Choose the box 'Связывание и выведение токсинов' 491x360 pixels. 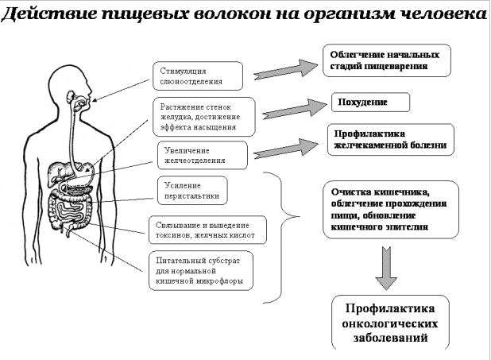tap(207, 230)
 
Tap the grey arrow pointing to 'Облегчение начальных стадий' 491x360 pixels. tap(284, 68)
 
